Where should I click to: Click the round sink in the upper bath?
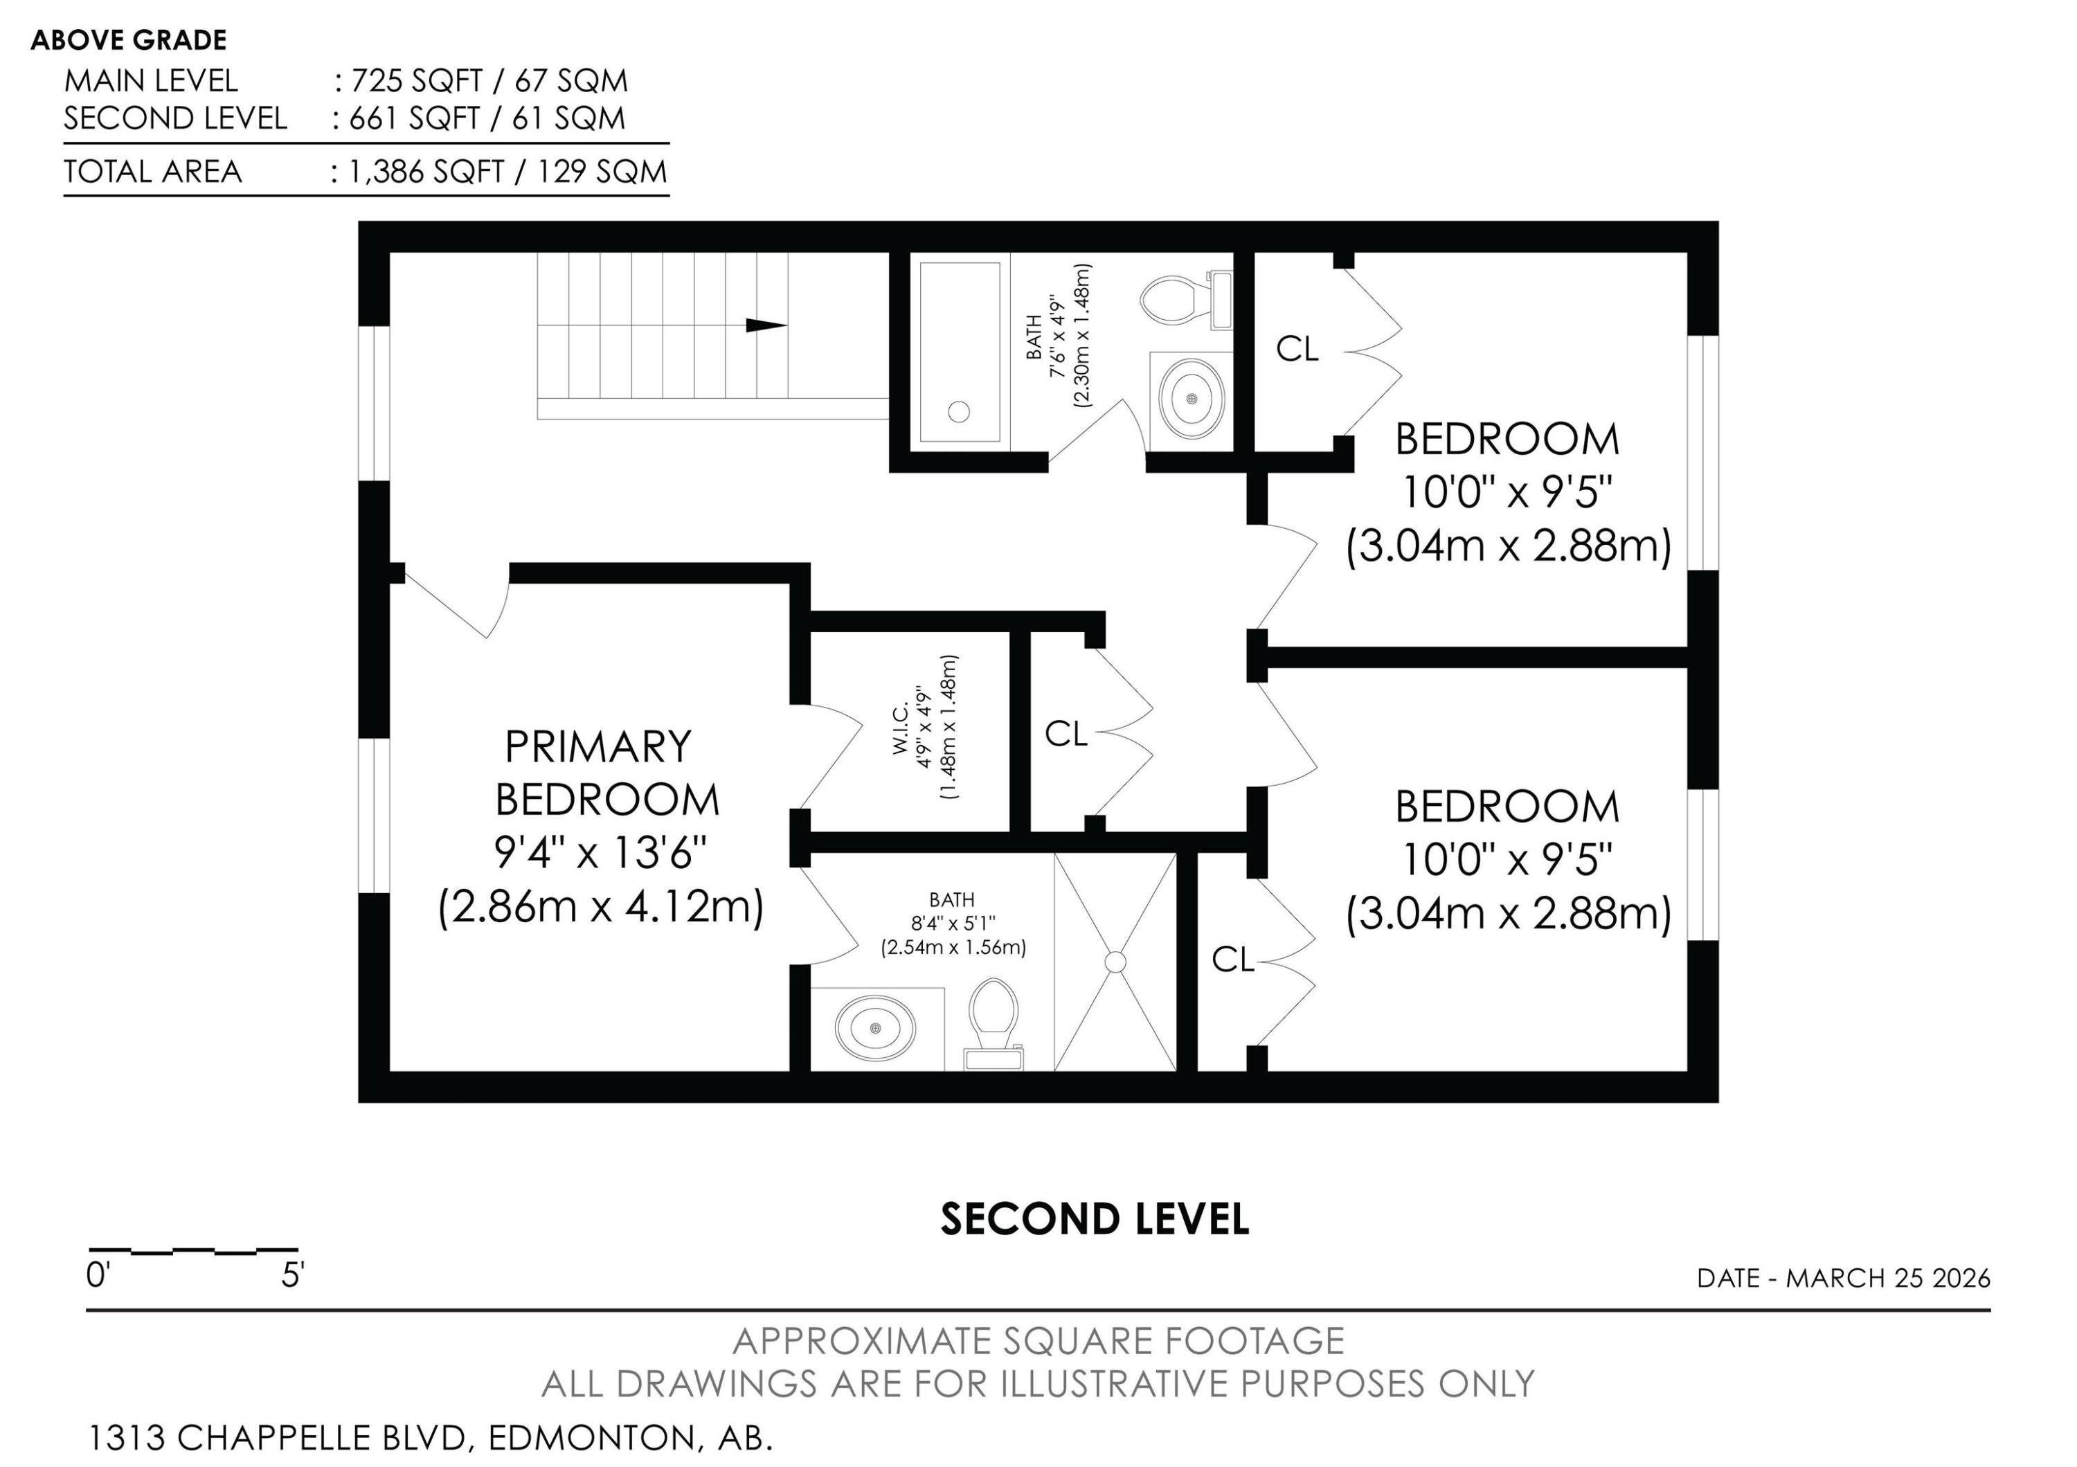coord(1192,399)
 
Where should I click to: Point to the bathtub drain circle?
coord(959,411)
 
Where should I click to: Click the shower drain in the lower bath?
coord(1115,962)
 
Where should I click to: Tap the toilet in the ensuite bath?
coord(993,1020)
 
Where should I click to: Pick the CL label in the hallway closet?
coord(1066,735)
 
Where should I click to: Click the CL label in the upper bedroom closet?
coord(1297,348)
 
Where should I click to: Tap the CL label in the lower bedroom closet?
coord(1232,960)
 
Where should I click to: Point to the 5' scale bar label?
coord(292,1276)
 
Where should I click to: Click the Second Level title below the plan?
coord(1095,1220)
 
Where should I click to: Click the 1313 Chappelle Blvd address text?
coord(430,1437)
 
